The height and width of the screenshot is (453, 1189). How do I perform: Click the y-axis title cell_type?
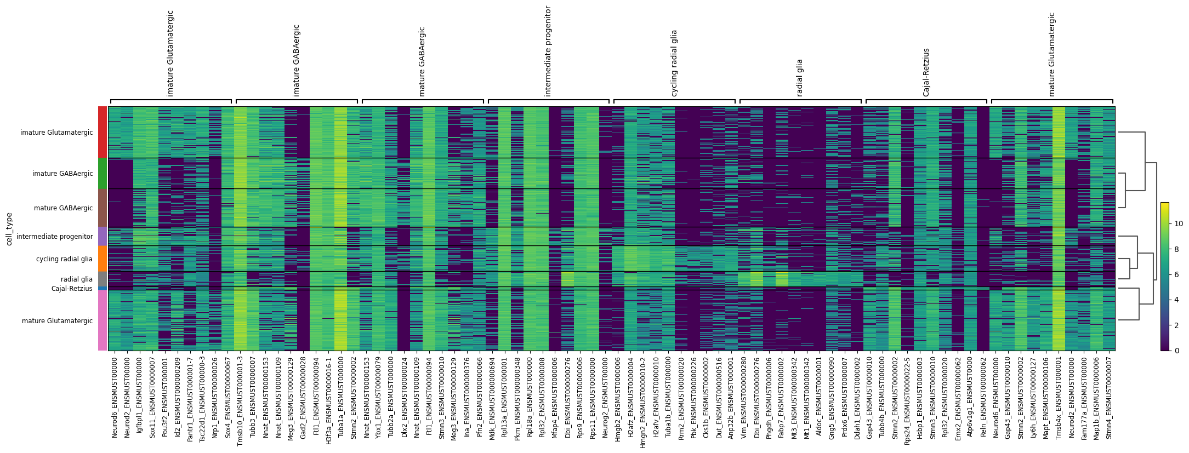9,229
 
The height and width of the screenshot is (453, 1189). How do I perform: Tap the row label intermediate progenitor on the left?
55,237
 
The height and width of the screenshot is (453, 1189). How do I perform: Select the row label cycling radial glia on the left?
64,259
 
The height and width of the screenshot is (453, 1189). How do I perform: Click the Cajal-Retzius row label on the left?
72,289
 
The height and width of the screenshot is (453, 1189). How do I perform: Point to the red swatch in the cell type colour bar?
103,132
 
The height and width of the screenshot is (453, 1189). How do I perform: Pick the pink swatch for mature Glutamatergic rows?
103,320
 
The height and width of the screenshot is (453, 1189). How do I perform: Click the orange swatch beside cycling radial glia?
103,259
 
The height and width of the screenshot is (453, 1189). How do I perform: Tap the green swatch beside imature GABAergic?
103,173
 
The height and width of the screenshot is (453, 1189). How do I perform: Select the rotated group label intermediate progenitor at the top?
548,51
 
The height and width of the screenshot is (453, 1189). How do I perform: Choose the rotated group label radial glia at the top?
800,78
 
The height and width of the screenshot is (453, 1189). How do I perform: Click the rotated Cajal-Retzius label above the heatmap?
926,72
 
